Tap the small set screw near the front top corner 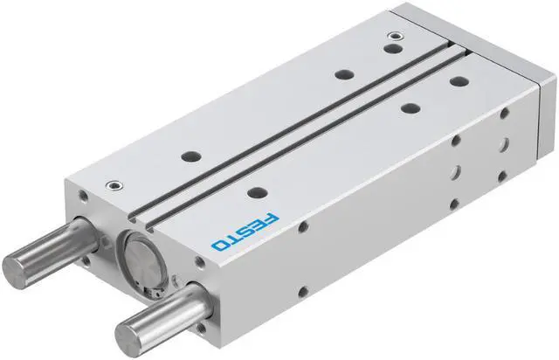114,183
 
